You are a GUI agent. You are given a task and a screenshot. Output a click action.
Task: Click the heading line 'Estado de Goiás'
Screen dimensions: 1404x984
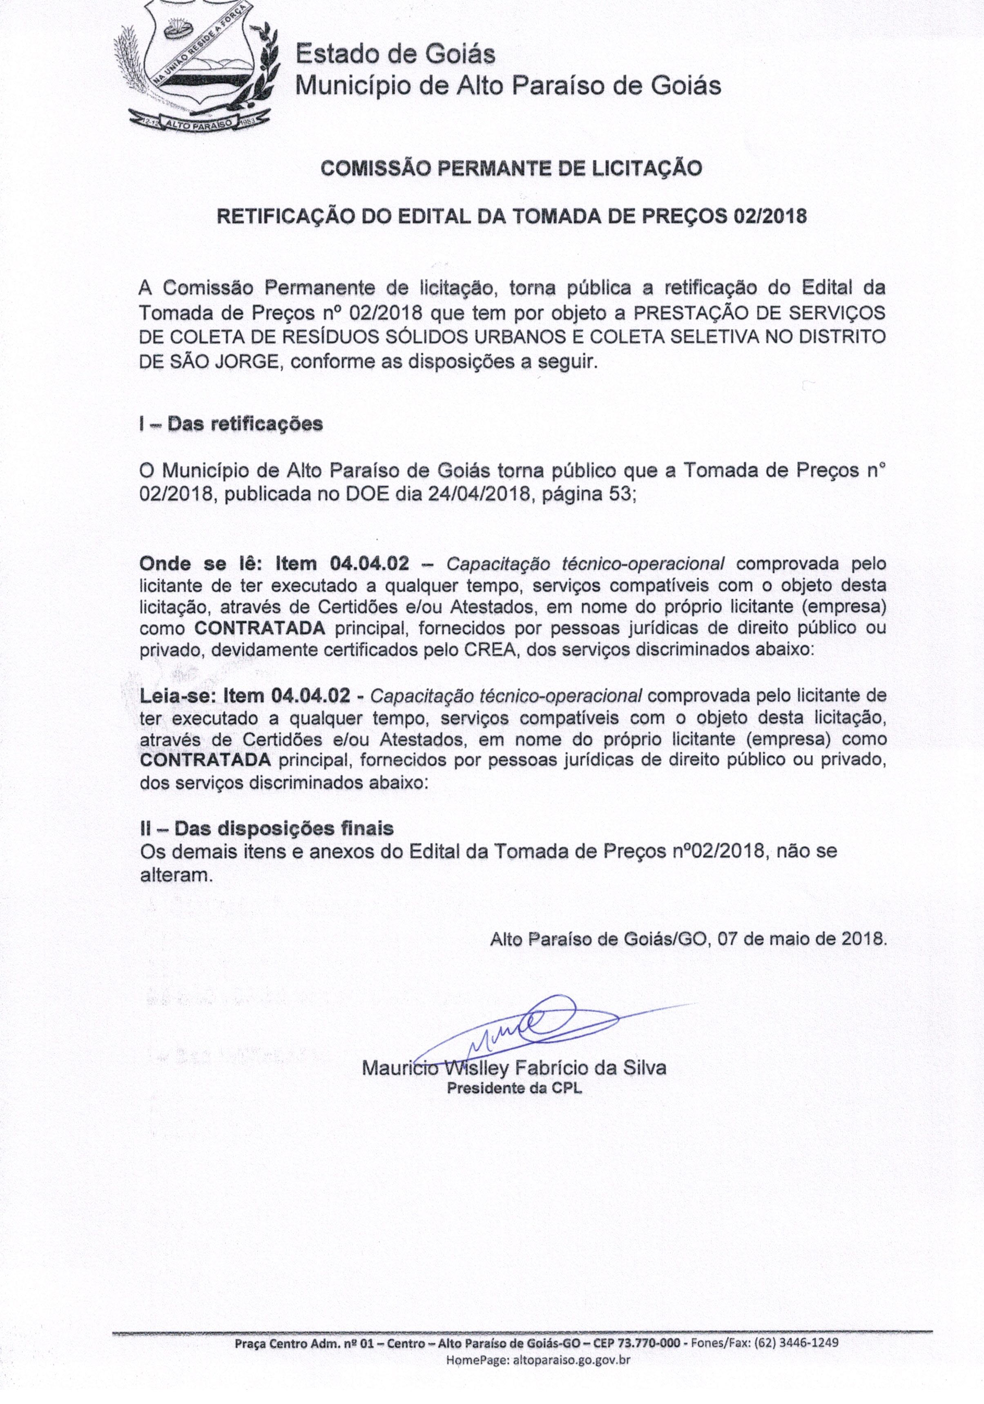pyautogui.click(x=395, y=54)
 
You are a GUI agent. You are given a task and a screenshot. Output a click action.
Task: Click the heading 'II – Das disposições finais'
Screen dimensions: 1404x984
pyautogui.click(x=267, y=828)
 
